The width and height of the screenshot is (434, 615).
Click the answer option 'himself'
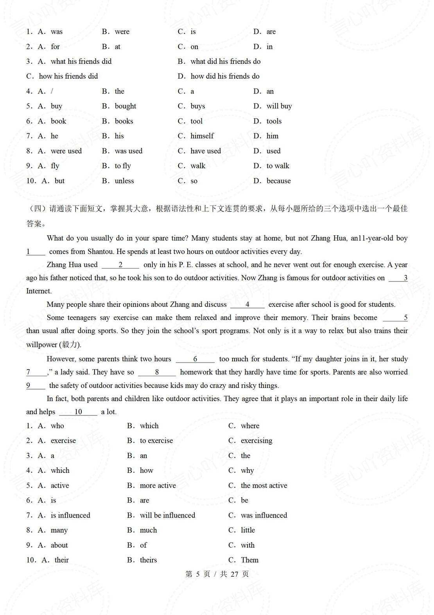pos(202,136)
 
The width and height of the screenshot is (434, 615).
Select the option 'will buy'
pos(279,106)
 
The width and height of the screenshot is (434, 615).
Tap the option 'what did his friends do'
pos(225,61)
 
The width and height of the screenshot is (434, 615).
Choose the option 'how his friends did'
pos(68,76)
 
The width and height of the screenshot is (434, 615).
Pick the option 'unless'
pos(124,181)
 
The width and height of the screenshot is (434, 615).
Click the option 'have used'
pos(205,151)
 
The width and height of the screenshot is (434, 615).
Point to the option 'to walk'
pos(278,166)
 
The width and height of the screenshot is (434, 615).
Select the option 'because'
pos(278,181)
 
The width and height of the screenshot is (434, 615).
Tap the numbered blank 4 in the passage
pos(247,305)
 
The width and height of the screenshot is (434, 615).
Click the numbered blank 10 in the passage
pos(78,412)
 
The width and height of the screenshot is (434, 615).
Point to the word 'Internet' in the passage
pos(39,291)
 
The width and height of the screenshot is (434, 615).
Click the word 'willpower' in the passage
pos(41,344)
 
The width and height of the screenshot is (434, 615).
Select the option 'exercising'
pos(256,441)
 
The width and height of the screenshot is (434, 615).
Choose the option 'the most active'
pos(264,485)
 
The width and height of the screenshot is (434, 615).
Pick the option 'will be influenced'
pos(167,515)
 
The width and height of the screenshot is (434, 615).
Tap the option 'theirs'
pos(148,560)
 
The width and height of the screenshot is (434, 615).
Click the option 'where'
pos(250,426)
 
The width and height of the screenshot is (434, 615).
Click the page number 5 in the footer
pos(198,574)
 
